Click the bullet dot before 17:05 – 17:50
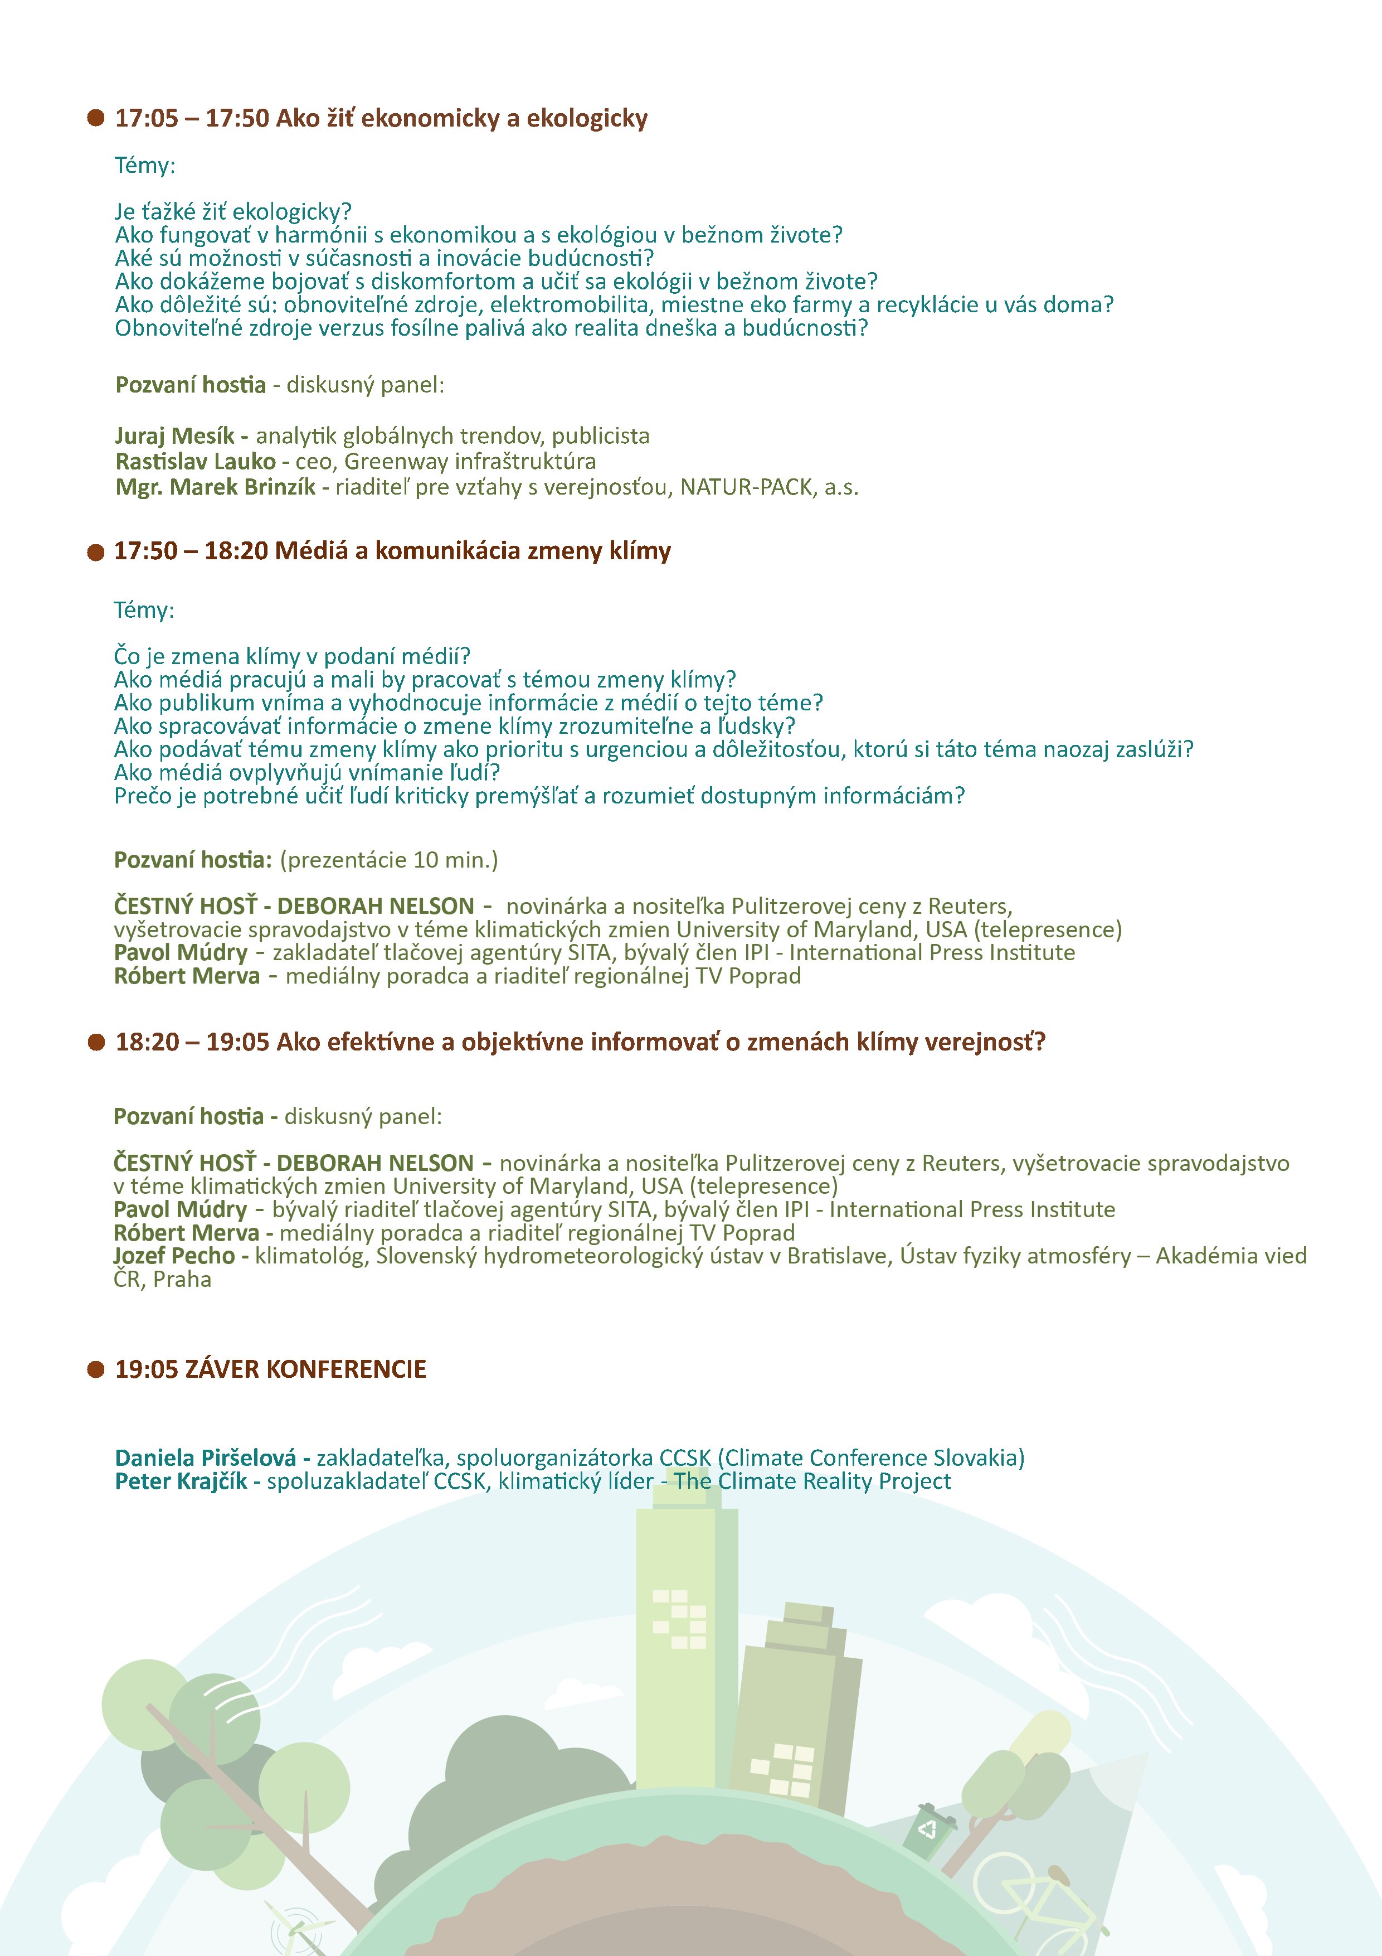[x=95, y=118]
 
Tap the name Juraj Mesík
[x=174, y=436]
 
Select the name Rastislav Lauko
[x=196, y=462]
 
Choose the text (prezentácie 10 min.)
[x=388, y=860]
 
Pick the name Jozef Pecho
[x=174, y=1256]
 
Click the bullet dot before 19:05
[x=95, y=1369]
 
